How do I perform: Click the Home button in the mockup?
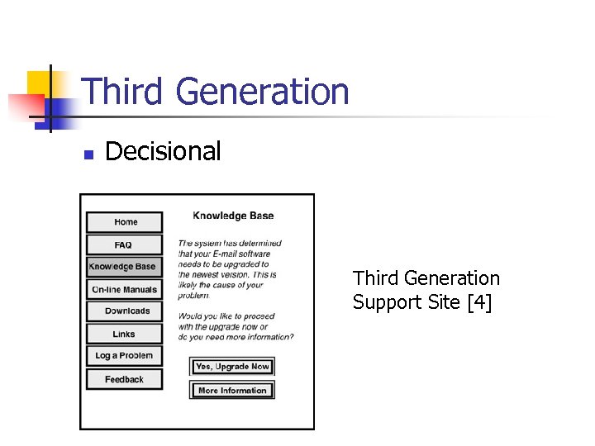[x=125, y=222]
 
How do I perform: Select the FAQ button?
[x=124, y=245]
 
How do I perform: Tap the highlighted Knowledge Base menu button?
[x=123, y=267]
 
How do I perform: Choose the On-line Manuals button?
[x=124, y=290]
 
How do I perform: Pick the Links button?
[x=124, y=334]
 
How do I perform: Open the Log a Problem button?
[x=124, y=356]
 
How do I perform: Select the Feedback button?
[x=124, y=380]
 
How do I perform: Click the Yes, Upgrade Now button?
[x=232, y=367]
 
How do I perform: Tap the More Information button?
[x=232, y=391]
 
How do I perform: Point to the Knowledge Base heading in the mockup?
[x=233, y=216]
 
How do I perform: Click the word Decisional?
[x=163, y=152]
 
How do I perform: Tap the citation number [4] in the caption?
[x=479, y=303]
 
